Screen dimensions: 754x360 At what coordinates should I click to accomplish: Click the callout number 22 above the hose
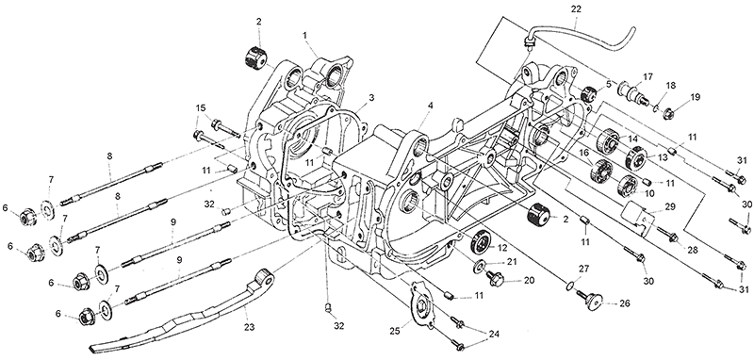click(x=576, y=9)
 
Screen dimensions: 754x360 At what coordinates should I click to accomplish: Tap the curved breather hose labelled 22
click(x=577, y=30)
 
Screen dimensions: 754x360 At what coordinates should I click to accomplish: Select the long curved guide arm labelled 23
click(x=183, y=315)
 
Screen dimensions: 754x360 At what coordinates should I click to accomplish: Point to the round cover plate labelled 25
click(x=421, y=306)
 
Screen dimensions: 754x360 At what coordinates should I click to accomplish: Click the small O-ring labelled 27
click(x=570, y=286)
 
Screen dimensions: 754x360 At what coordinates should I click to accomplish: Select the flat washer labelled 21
click(x=480, y=267)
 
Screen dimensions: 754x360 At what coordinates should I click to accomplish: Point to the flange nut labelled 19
click(x=668, y=114)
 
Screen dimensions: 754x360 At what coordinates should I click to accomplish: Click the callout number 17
click(x=647, y=76)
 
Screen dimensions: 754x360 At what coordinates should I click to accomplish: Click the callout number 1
click(x=304, y=35)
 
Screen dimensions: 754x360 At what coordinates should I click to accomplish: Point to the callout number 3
click(x=371, y=98)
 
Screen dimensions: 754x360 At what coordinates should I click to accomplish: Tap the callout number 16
click(x=583, y=153)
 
